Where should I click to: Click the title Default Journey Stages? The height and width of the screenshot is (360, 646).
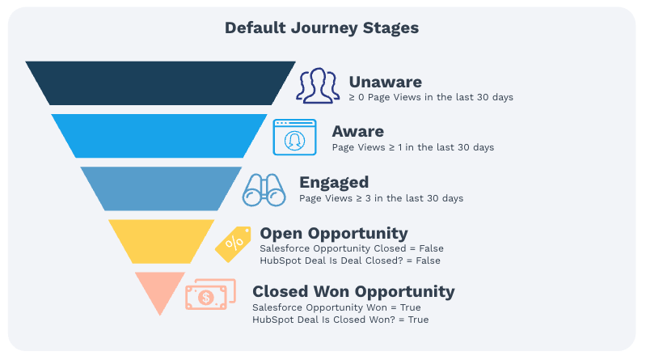pos(322,28)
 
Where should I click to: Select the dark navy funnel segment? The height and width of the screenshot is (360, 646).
pos(160,83)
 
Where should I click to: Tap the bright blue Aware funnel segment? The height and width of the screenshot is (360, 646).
pos(159,135)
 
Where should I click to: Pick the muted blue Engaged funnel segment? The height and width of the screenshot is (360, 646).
pos(161,187)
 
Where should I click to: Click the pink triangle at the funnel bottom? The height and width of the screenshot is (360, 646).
pos(160,288)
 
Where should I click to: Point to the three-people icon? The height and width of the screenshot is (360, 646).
pos(318,85)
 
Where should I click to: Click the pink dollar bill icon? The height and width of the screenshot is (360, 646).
pos(209,295)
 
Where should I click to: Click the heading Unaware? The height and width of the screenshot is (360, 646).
pos(386,82)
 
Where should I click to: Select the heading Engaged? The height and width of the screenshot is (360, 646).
pos(334,182)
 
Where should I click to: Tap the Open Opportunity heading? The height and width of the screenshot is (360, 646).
pos(334,234)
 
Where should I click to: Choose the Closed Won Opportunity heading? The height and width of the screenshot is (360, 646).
pos(353,291)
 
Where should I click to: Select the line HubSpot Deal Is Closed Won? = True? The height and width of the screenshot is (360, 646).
pos(340,320)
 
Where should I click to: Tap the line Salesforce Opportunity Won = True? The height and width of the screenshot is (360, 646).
pos(336,307)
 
